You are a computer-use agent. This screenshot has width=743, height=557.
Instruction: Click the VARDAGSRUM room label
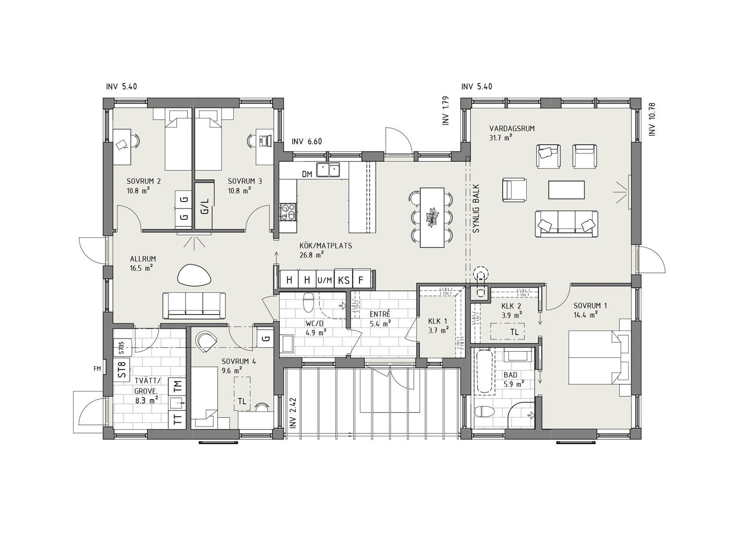click(512, 129)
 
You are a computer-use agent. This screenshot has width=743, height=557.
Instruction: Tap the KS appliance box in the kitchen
click(343, 280)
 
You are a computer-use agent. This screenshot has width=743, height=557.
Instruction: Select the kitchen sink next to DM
click(328, 170)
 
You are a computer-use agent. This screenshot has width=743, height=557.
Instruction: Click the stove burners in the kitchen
click(287, 212)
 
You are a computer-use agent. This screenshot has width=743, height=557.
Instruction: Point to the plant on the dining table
click(432, 217)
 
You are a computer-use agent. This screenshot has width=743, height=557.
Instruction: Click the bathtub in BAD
click(484, 372)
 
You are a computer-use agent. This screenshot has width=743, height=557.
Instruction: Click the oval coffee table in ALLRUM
click(194, 275)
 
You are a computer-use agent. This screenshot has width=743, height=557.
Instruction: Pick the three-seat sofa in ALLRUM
click(194, 305)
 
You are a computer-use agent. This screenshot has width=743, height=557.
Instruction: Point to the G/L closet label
click(205, 205)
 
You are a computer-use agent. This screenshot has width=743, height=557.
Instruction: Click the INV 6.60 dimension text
click(306, 141)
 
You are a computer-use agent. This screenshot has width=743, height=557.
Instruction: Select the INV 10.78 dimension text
click(652, 119)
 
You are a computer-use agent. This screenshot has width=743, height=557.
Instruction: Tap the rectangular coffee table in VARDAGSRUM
click(566, 189)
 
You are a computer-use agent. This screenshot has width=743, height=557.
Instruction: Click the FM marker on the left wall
click(97, 369)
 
